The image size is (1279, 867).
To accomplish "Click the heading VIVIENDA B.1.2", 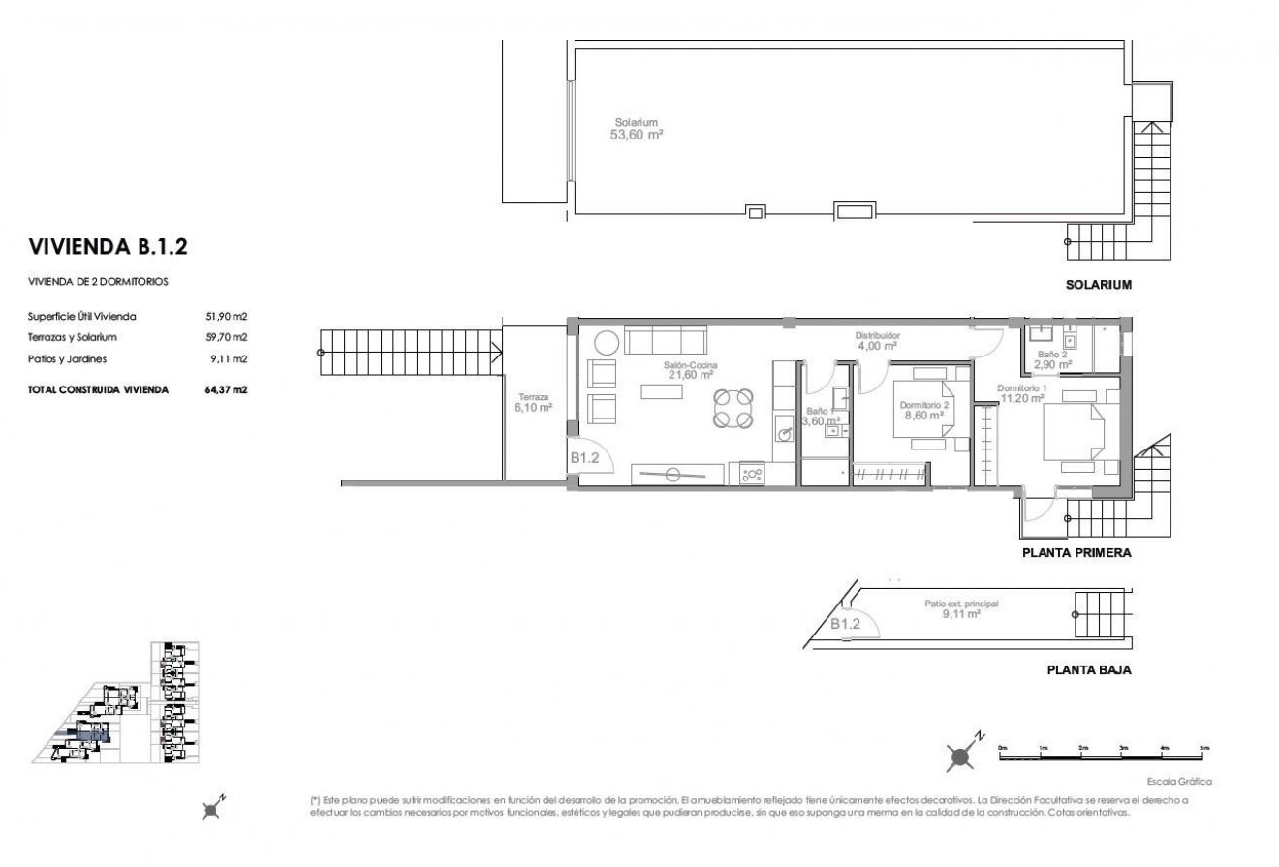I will point(108,246).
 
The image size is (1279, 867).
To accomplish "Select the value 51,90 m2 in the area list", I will point(228,316).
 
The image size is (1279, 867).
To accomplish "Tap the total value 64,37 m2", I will point(227,389).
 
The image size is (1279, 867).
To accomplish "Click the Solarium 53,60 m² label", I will point(637,130).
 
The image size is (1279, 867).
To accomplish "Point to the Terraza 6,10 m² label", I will point(533,402).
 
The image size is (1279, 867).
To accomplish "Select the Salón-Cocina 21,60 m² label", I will point(689,370).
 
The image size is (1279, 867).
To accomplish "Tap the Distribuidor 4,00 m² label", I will point(877,340).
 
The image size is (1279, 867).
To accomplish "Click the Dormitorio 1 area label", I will point(1021,392).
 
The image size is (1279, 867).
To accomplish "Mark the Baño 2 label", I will point(1051,360).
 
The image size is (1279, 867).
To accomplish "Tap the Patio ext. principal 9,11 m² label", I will point(960,608).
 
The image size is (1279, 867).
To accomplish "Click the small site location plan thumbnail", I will point(132,704).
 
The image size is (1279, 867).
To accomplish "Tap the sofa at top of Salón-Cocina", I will point(665,341).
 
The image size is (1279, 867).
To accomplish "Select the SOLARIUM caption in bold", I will point(1099,285).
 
